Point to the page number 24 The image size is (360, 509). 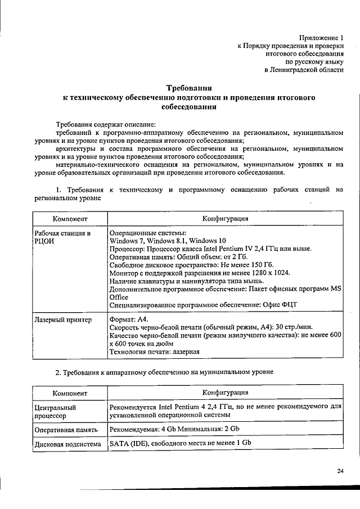click(340, 471)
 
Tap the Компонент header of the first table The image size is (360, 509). click(70, 218)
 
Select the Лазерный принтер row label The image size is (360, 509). click(63, 320)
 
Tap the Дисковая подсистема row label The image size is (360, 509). click(67, 444)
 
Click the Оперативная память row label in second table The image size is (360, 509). click(66, 429)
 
